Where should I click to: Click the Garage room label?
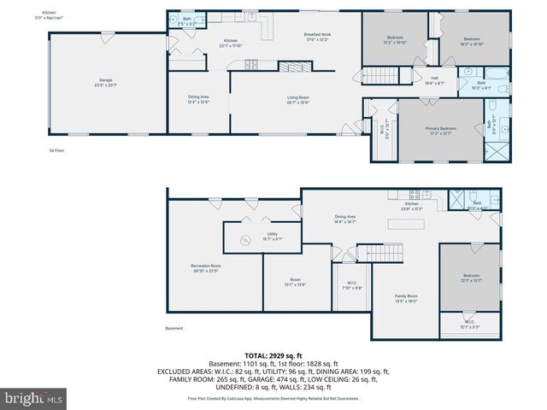click(104, 82)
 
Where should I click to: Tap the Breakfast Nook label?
click(316, 37)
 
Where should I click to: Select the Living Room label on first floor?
click(298, 100)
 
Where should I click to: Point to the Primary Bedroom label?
click(442, 130)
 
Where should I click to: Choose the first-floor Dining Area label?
click(198, 99)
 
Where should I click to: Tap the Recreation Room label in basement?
click(206, 269)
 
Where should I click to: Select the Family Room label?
click(405, 298)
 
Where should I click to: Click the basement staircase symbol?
click(379, 252)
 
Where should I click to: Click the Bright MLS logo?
click(34, 397)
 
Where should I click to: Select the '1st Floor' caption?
click(56, 150)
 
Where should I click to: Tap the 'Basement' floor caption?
click(174, 328)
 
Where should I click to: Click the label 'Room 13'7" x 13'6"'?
click(295, 283)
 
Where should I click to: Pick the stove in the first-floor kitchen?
click(252, 64)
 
